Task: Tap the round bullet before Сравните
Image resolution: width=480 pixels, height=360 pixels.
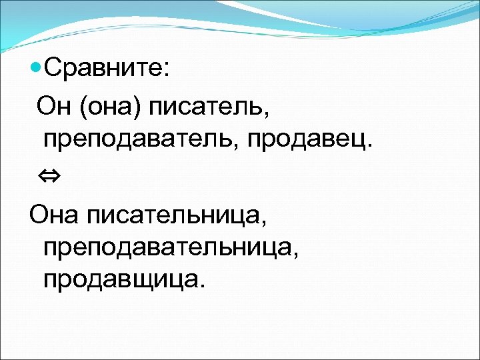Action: click(x=37, y=68)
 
